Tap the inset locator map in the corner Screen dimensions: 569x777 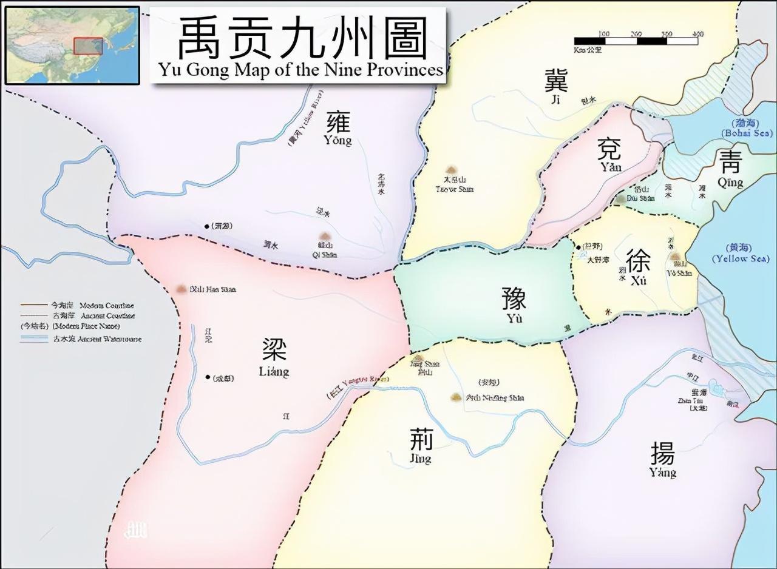pyautogui.click(x=72, y=45)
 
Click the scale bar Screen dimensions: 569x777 pyautogui.click(x=638, y=41)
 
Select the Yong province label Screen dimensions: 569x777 pyautogui.click(x=338, y=129)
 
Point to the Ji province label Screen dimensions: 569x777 pyautogui.click(x=555, y=88)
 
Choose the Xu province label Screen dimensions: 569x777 pyautogui.click(x=639, y=267)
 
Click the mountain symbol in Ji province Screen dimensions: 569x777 pyautogui.click(x=451, y=171)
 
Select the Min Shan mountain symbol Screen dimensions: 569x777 pyautogui.click(x=181, y=289)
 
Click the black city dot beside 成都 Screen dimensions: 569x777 pyautogui.click(x=208, y=377)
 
